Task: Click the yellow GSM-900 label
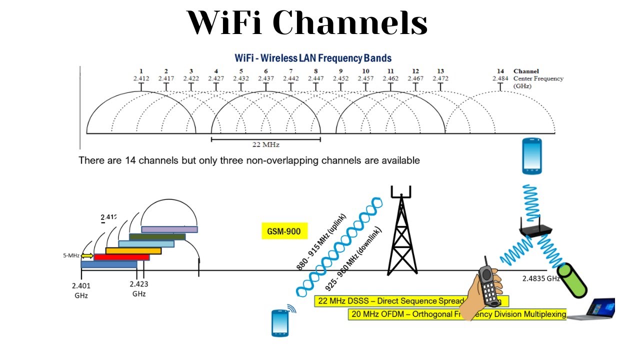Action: (284, 231)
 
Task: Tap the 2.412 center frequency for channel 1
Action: (141, 78)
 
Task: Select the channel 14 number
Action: (500, 71)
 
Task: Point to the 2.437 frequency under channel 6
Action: (265, 78)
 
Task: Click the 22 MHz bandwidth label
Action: (265, 145)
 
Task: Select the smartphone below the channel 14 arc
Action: (532, 156)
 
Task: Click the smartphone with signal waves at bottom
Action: (280, 322)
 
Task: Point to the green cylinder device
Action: (572, 280)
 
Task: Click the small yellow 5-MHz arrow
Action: (87, 255)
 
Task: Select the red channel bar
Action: (121, 257)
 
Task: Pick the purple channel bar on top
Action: (169, 229)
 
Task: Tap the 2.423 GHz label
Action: (139, 288)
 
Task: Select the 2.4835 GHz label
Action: (540, 278)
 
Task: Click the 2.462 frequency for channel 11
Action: (390, 78)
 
